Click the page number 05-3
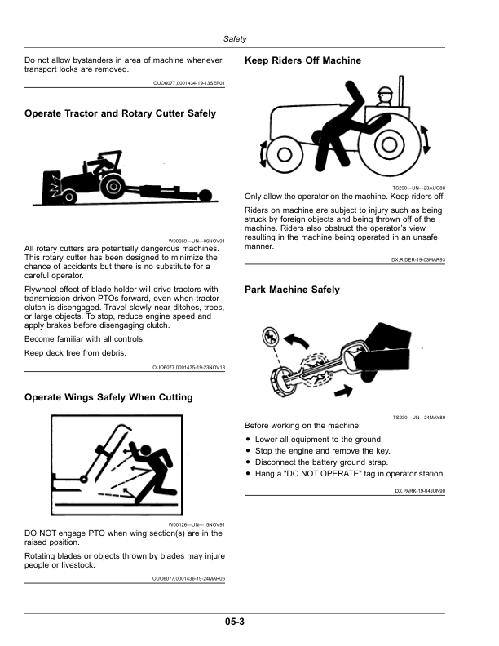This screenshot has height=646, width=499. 236,622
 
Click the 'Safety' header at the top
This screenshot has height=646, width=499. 236,39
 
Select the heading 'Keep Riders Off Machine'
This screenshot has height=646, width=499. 302,61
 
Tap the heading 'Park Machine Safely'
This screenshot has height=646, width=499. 292,290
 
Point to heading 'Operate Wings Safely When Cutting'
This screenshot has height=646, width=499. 108,397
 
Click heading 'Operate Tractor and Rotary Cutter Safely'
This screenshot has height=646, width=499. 121,113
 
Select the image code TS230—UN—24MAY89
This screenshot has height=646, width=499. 418,418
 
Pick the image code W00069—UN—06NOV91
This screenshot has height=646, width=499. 196,241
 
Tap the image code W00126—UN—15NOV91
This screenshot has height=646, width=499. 196,525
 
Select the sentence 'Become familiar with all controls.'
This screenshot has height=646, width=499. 85,338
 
